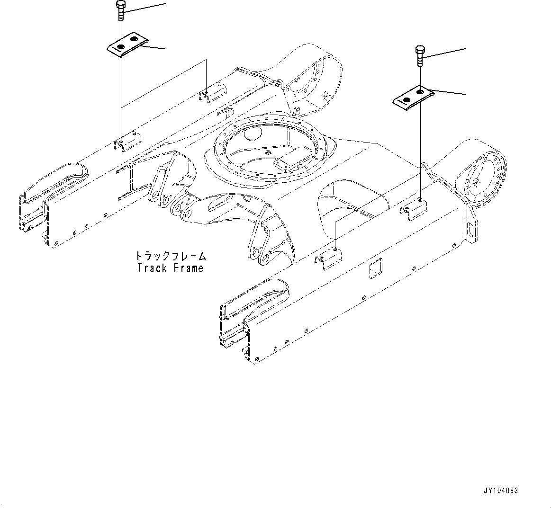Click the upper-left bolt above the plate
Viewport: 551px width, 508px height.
(121, 10)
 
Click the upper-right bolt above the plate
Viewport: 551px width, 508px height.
(420, 56)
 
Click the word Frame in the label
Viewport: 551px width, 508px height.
(188, 268)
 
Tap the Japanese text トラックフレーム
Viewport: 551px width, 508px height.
(171, 256)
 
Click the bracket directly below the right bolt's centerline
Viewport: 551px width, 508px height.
(416, 207)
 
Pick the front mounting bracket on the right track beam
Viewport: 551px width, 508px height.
(330, 258)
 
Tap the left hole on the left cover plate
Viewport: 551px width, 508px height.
(121, 46)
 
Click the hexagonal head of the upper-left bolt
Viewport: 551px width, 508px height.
(121, 4)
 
